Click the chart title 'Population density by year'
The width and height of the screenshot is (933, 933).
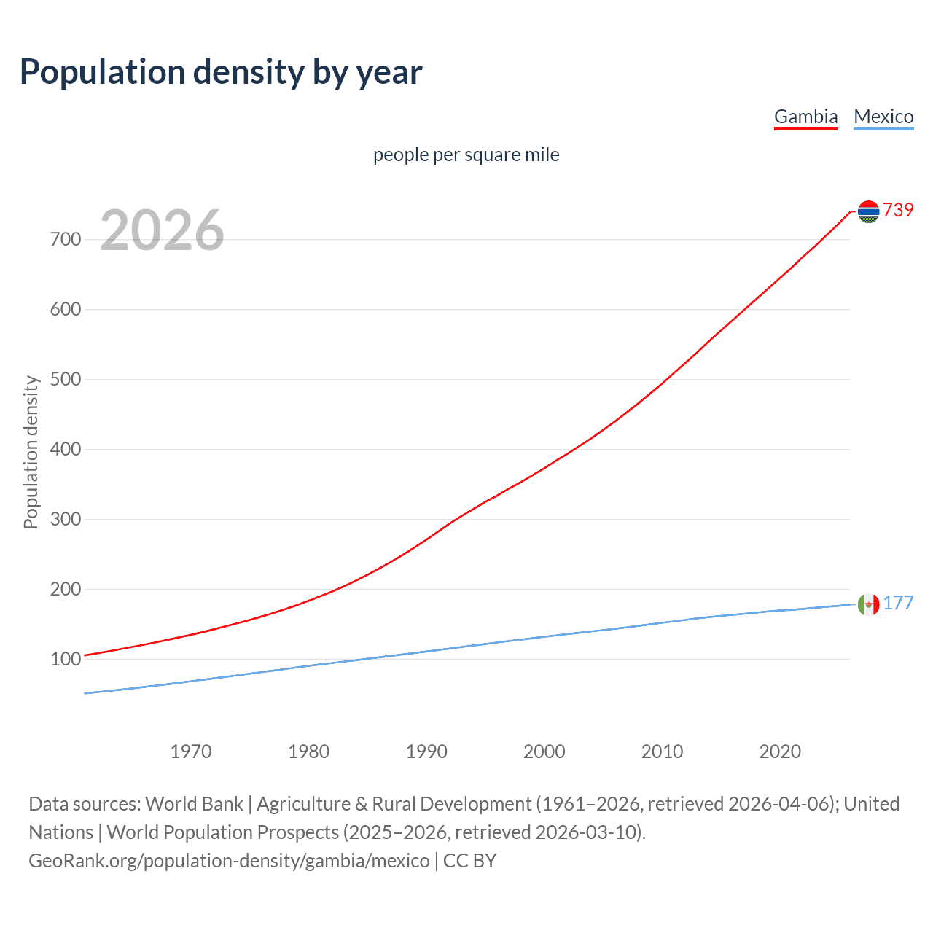(x=221, y=72)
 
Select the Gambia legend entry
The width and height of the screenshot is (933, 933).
(x=805, y=117)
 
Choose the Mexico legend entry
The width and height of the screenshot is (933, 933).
(x=883, y=117)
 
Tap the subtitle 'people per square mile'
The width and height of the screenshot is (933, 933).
(x=466, y=155)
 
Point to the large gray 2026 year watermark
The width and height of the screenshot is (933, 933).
(x=162, y=230)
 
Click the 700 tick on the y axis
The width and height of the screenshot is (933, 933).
(x=66, y=239)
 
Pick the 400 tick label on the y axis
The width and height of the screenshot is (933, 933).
(x=66, y=449)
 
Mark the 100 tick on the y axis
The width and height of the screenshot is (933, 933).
(x=66, y=659)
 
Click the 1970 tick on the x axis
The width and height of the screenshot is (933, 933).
(x=191, y=752)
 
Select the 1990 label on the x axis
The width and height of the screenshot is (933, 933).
(x=426, y=752)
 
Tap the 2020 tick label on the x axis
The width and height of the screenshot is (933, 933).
(x=780, y=752)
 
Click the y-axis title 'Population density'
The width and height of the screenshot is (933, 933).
(x=31, y=452)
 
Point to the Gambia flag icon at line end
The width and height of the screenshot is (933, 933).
(x=868, y=211)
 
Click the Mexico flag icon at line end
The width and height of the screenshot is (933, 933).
(x=868, y=604)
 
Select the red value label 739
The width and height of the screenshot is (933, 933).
(x=898, y=210)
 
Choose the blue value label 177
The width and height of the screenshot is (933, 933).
(x=898, y=603)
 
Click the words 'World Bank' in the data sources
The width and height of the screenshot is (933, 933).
(x=194, y=804)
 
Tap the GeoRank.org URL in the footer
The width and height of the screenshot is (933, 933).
(x=229, y=861)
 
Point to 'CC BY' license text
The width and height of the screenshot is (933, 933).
(x=469, y=861)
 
